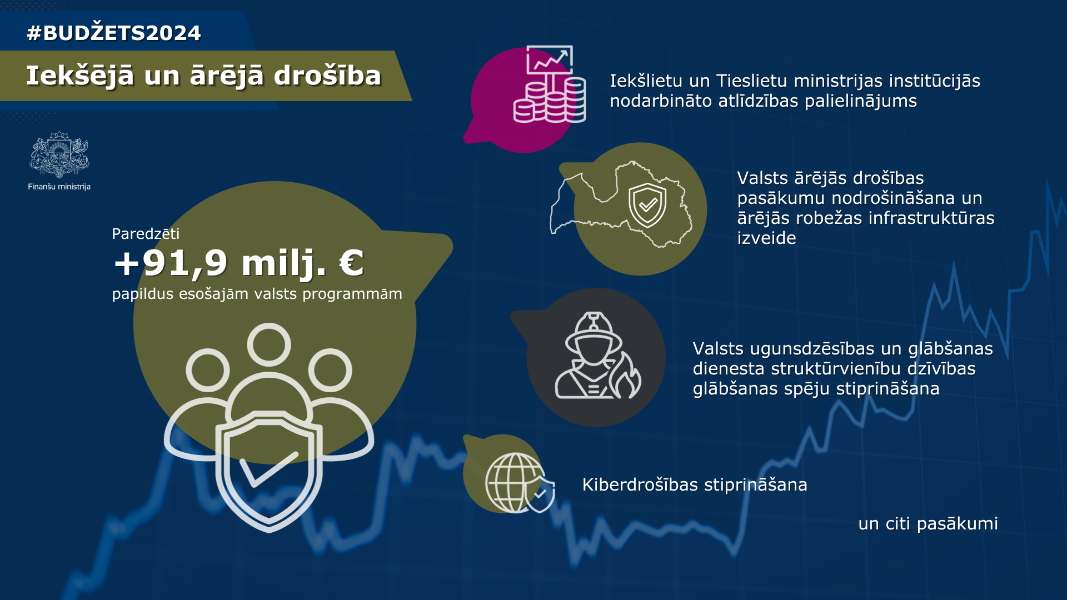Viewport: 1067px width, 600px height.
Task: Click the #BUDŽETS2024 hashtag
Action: [x=114, y=33]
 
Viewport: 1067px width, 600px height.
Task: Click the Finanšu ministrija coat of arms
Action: [x=59, y=154]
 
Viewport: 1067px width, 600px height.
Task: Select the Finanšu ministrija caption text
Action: [x=59, y=187]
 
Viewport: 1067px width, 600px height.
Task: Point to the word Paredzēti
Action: [x=146, y=233]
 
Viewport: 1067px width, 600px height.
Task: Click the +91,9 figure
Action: [x=170, y=263]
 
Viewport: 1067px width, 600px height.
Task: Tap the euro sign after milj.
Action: [x=351, y=263]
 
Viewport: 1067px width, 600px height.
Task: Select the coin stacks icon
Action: [x=550, y=100]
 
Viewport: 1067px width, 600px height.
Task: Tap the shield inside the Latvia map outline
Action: [x=647, y=205]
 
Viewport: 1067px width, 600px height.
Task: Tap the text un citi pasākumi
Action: [x=928, y=523]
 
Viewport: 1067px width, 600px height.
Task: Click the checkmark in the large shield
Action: [x=268, y=469]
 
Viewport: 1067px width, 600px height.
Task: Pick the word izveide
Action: [x=766, y=238]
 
